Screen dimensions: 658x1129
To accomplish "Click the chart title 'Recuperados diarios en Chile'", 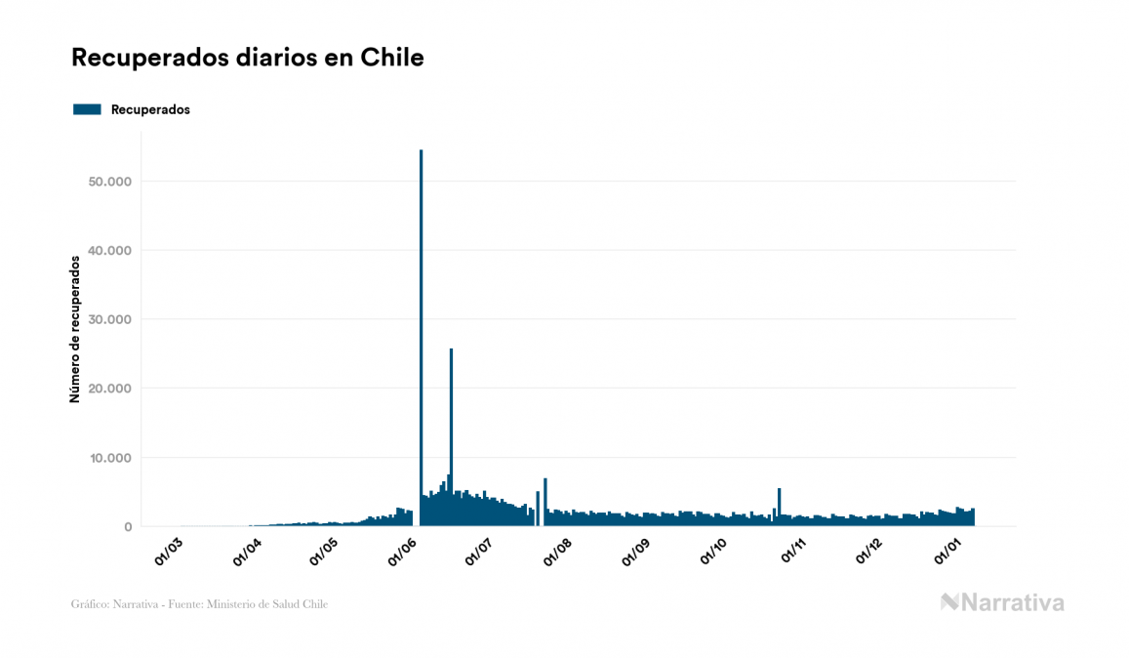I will pyautogui.click(x=248, y=58).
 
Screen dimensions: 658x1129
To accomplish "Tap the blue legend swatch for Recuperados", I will pyautogui.click(x=87, y=109).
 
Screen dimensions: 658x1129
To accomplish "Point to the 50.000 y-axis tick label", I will pyautogui.click(x=108, y=182).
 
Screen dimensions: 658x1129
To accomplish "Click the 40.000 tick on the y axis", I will pyautogui.click(x=108, y=251).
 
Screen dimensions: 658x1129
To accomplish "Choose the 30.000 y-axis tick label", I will pyautogui.click(x=108, y=319).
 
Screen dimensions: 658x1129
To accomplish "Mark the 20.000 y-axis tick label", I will pyautogui.click(x=108, y=389).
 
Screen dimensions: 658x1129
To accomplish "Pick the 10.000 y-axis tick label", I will pyautogui.click(x=108, y=458).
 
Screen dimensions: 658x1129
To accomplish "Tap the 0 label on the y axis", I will pyautogui.click(x=128, y=527).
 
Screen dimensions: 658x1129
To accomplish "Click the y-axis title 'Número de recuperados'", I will pyautogui.click(x=74, y=329).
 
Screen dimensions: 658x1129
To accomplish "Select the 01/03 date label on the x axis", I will pyautogui.click(x=169, y=552).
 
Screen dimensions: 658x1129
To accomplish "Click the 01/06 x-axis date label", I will pyautogui.click(x=402, y=552).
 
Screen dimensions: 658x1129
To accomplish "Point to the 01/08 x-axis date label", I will pyautogui.click(x=557, y=552).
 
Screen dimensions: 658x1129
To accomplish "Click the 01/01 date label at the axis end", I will pyautogui.click(x=948, y=552).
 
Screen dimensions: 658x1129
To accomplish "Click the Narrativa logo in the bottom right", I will pyautogui.click(x=1002, y=602).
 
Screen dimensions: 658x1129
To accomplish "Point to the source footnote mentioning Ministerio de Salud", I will pyautogui.click(x=199, y=604).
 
